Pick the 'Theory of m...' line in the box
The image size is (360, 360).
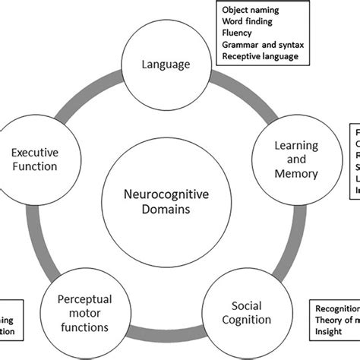coord(334,320)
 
